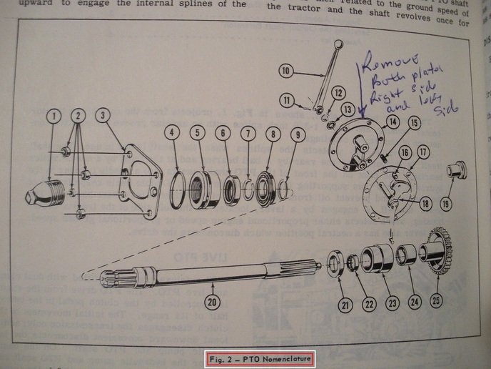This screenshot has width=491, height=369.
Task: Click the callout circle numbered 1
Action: [x=51, y=115]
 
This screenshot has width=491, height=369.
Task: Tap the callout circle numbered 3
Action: [x=103, y=115]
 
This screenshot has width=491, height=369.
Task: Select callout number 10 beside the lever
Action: [x=286, y=71]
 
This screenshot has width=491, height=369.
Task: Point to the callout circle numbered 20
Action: [x=211, y=302]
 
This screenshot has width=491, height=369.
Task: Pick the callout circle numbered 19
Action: [x=445, y=203]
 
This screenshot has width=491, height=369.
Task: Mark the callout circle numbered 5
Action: [x=198, y=132]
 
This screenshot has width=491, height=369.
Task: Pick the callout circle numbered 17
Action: [x=423, y=152]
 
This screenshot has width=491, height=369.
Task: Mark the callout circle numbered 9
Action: [x=298, y=134]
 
